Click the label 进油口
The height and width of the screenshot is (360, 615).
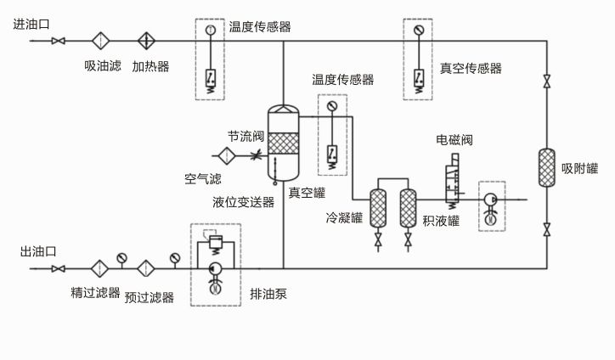pos(31,24)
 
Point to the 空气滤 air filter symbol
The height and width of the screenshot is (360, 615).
pos(227,155)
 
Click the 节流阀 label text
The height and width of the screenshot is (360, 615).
pos(246,136)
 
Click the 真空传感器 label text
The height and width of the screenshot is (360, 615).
pos(471,68)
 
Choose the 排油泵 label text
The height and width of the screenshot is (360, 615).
pos(268,295)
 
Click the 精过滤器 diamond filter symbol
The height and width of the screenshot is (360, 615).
pos(100,269)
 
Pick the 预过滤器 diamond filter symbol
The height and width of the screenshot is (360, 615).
pos(146,269)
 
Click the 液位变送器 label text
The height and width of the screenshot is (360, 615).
pos(244,202)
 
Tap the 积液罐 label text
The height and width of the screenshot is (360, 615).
pos(441,220)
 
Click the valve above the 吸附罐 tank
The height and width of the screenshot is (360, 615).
pos(546,82)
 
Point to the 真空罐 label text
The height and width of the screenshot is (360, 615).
pos(307,192)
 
